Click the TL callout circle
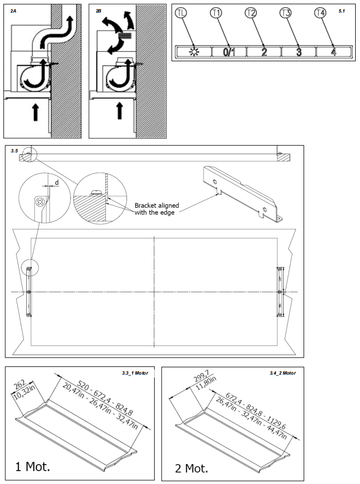(182, 13)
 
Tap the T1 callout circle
(217, 13)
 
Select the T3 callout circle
(286, 13)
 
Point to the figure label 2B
(98, 10)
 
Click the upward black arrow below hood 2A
(35, 112)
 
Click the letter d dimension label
(57, 183)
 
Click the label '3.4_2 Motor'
(283, 372)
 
